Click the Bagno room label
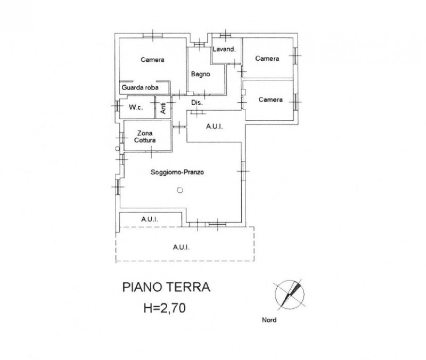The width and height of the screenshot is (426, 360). coord(201,74)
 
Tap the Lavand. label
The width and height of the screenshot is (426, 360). coord(224,49)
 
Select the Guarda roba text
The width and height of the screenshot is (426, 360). coord(140,87)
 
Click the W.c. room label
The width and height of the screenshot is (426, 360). coord(136,108)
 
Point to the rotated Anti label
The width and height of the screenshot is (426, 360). coord(163,108)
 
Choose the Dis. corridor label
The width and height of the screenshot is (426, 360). coord(197,103)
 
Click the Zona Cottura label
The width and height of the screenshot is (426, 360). coord(145,137)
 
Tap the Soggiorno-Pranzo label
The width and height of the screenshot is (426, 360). coord(177,172)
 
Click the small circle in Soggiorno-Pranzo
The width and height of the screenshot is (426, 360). coord(180,190)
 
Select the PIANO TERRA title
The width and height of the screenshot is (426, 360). coord(166,287)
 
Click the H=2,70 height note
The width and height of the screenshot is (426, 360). coord(165,308)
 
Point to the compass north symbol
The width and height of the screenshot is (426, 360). coord(289,294)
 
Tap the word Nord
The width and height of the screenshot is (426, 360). coord(269,320)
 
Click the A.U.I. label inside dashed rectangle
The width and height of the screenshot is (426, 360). coord(181,247)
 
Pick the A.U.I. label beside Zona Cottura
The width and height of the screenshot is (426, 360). coord(215,126)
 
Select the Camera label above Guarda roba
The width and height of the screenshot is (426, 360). coord(152,60)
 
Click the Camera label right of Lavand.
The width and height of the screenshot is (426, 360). coord(267,59)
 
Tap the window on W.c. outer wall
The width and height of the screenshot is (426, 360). coord(117,105)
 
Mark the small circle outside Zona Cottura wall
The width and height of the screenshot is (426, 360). coord(117,149)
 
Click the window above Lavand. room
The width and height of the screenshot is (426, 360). coord(225,35)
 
